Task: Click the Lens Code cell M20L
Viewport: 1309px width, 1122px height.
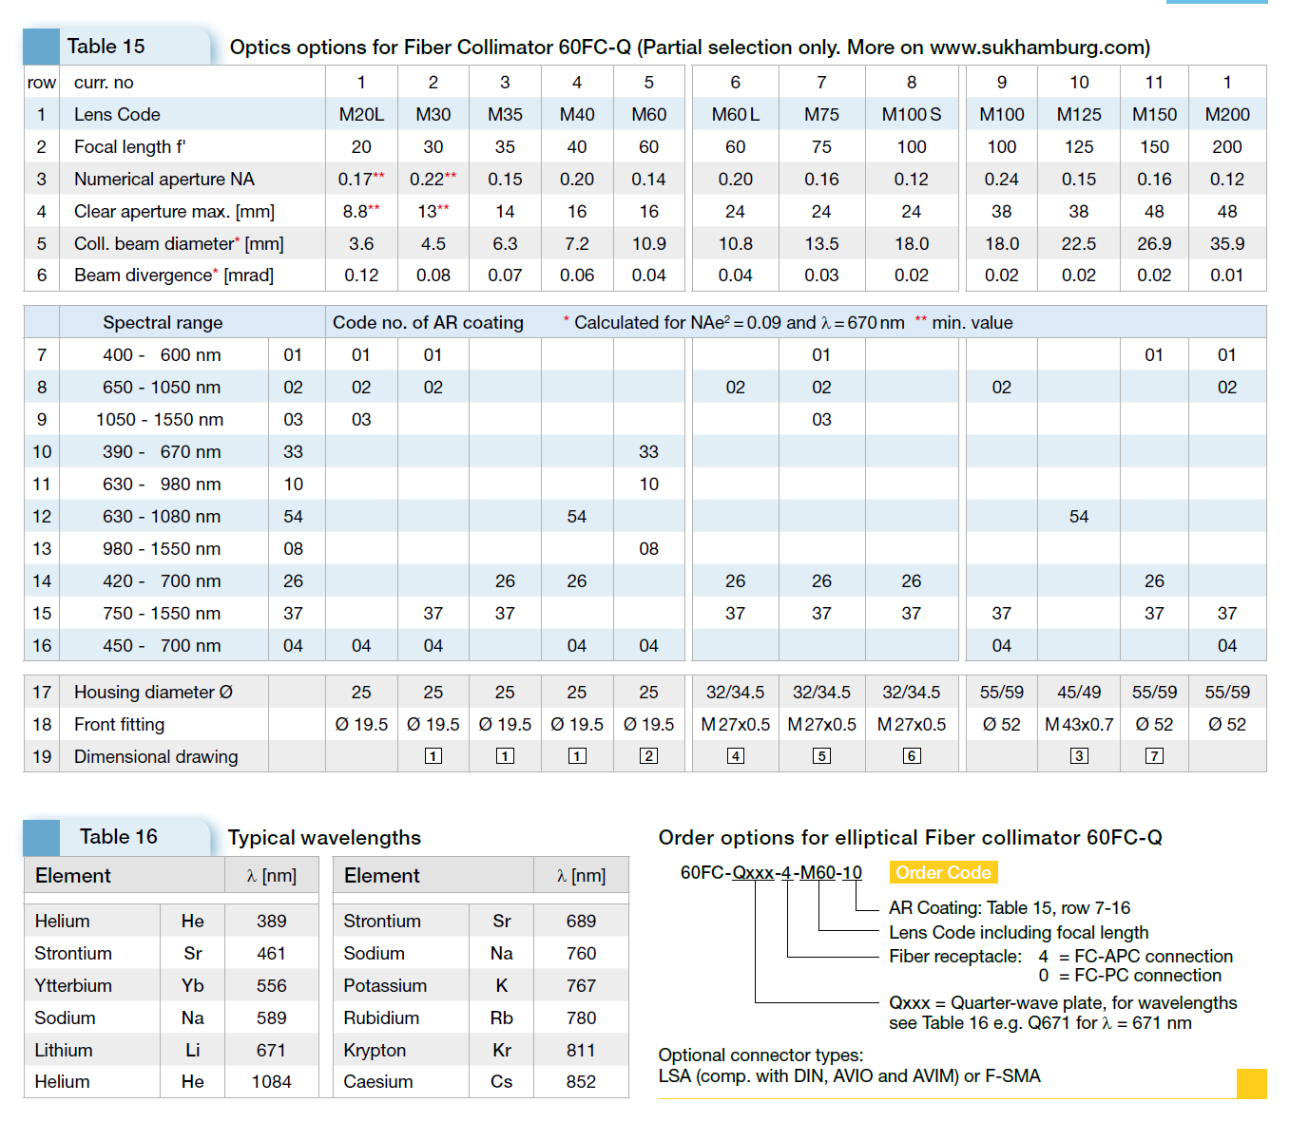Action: point(361,115)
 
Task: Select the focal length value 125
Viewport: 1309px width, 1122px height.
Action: point(1079,147)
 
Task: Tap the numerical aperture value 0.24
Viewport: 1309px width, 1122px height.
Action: point(1001,180)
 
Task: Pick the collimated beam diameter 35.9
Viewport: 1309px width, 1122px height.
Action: point(1226,243)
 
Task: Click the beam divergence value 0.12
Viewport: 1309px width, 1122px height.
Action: point(361,276)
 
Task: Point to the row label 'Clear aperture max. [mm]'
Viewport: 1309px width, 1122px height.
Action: point(174,211)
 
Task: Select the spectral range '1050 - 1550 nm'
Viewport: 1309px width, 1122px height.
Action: point(160,420)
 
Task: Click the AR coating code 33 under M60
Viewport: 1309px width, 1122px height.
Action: point(648,452)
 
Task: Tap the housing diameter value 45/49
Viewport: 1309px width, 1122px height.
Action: point(1079,693)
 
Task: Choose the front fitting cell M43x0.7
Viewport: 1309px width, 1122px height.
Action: point(1079,725)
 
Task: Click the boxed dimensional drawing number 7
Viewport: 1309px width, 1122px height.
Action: point(1154,755)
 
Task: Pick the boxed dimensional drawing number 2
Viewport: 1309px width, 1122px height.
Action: point(648,755)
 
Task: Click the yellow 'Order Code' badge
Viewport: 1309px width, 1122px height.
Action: point(943,873)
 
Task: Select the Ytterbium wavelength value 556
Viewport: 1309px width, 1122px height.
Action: point(271,986)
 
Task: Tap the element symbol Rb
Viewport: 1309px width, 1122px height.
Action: point(501,1018)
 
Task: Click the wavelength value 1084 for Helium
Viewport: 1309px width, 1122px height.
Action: point(271,1082)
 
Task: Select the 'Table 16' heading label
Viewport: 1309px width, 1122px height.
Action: point(119,837)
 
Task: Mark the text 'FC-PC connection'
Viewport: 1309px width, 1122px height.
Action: point(1147,976)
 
